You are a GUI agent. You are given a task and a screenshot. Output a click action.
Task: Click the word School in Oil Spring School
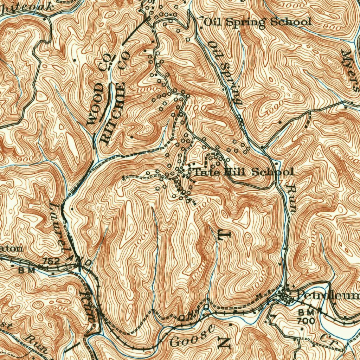click(x=291, y=22)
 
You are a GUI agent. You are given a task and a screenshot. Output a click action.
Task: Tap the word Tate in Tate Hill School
click(x=205, y=172)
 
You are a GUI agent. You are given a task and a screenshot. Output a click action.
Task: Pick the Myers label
click(x=350, y=71)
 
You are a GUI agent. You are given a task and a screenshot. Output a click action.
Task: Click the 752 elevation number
click(x=50, y=261)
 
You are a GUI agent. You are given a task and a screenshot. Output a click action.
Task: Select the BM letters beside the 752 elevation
click(x=27, y=270)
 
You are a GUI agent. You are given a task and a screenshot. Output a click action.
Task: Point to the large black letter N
click(x=224, y=342)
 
